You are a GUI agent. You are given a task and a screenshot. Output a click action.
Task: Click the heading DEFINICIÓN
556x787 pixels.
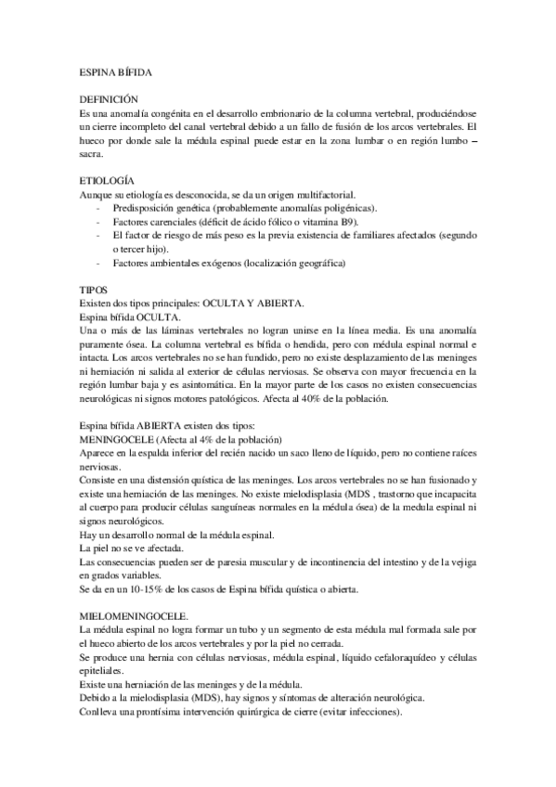tap(109, 97)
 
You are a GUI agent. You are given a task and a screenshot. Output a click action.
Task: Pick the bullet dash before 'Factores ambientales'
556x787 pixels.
tap(98, 263)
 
